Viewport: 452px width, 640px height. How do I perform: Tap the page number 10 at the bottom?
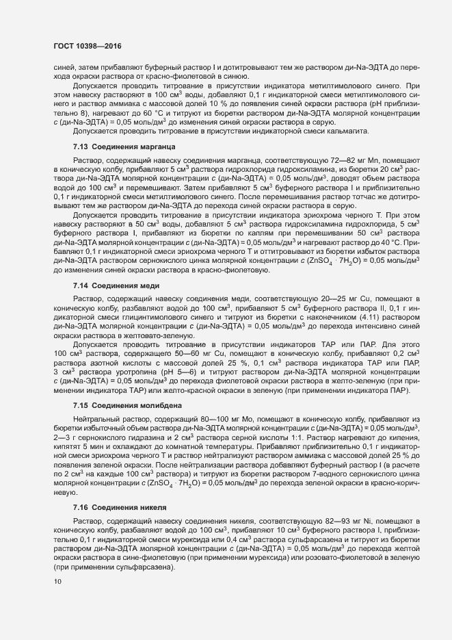tap(57, 582)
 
